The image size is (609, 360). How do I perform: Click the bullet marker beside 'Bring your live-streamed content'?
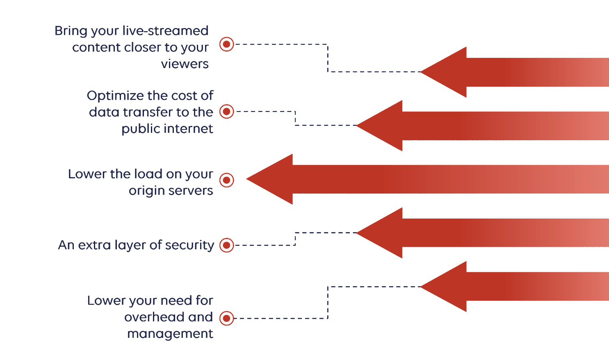pyautogui.click(x=226, y=44)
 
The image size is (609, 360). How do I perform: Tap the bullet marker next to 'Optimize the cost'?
pyautogui.click(x=226, y=112)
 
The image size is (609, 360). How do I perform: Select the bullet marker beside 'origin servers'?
pyautogui.click(x=226, y=180)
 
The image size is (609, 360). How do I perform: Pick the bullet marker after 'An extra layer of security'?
pyautogui.click(x=226, y=245)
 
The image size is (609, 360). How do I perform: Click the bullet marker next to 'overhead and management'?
pyautogui.click(x=226, y=319)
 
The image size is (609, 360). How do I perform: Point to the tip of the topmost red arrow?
pyautogui.click(x=420, y=72)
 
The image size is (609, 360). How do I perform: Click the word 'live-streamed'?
pyautogui.click(x=165, y=30)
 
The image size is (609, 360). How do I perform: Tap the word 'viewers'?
pyautogui.click(x=185, y=64)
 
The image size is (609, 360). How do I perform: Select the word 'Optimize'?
pyautogui.click(x=115, y=96)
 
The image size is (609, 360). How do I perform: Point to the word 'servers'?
pyautogui.click(x=190, y=191)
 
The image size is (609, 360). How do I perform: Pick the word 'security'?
pyautogui.click(x=189, y=246)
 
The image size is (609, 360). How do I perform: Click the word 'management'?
pyautogui.click(x=170, y=334)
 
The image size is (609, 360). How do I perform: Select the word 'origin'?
pyautogui.click(x=146, y=191)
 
